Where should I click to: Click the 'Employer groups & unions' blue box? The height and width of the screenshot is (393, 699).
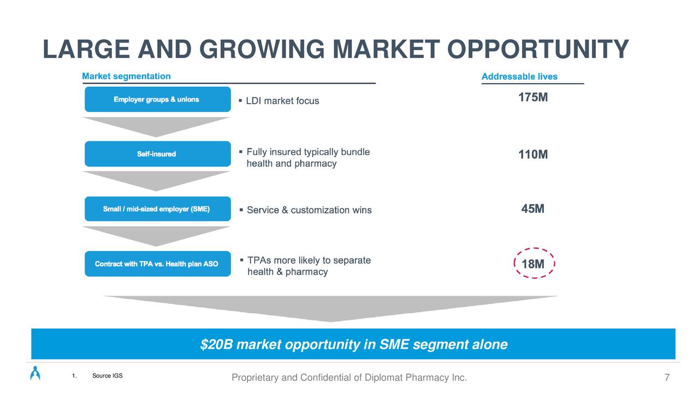[158, 99]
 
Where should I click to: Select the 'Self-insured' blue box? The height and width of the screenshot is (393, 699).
[158, 154]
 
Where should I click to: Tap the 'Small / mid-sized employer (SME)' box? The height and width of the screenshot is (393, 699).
[158, 209]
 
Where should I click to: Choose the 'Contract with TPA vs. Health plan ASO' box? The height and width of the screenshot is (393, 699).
[158, 264]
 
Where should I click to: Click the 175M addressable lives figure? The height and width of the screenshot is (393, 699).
[533, 97]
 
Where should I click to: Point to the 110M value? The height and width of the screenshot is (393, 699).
[533, 154]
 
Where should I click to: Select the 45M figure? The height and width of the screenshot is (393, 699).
[532, 209]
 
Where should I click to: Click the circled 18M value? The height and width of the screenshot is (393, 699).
[533, 264]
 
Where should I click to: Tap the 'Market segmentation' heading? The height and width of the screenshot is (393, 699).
[126, 76]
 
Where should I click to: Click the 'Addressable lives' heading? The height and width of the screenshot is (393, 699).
[519, 76]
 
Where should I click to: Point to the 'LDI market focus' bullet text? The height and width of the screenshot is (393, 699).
[282, 101]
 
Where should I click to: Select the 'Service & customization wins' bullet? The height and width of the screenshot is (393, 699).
[309, 210]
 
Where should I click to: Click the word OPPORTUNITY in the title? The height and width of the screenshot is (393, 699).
[538, 49]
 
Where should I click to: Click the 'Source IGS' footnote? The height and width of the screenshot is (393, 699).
[108, 376]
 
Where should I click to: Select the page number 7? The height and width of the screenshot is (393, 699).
[667, 377]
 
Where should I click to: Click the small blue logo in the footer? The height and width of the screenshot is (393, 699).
[35, 373]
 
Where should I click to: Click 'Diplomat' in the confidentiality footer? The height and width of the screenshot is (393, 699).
[383, 377]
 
